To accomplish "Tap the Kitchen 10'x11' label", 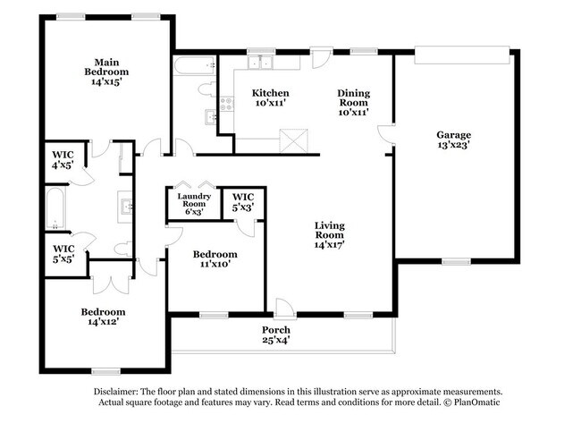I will coord(269,98).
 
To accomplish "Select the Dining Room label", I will coord(354,102).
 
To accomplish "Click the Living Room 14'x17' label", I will coord(329,234).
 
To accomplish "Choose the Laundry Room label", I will coord(194,204).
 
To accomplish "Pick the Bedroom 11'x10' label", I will coord(215,259).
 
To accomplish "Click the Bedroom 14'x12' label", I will coord(103,317).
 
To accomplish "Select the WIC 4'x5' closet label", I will coord(63,159).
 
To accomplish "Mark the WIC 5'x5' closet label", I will coord(63,254).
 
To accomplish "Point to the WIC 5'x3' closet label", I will coord(242,202).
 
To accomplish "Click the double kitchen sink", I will coord(261,63).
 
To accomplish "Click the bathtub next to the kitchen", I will coord(195,65).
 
